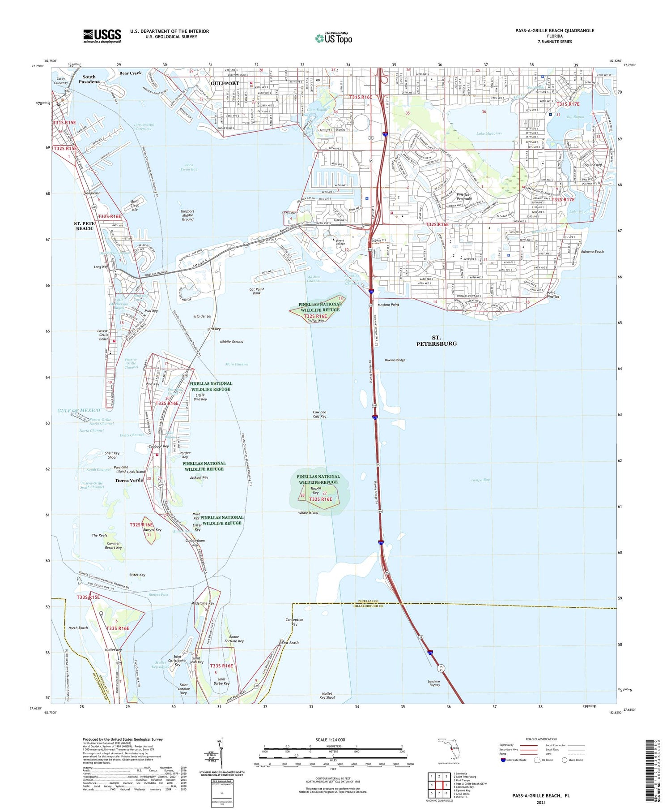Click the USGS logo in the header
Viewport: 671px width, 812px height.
point(102,36)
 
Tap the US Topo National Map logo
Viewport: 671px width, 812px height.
point(334,38)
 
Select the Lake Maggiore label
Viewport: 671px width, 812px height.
point(489,133)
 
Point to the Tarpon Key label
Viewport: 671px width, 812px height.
point(316,490)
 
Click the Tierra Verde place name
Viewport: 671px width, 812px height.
point(129,480)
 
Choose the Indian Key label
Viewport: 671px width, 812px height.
point(316,320)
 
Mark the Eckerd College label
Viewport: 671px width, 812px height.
point(340,242)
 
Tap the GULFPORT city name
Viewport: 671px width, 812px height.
point(225,83)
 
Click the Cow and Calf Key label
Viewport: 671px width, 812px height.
point(320,414)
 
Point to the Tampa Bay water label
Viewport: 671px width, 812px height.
point(480,480)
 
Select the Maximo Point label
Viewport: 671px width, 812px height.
point(388,305)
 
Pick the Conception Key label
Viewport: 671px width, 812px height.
point(294,622)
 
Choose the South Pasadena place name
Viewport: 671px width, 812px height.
point(89,79)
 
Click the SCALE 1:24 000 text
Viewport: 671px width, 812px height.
point(330,739)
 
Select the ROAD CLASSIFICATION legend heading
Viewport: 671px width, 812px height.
point(541,739)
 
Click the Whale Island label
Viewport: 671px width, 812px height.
point(308,512)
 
